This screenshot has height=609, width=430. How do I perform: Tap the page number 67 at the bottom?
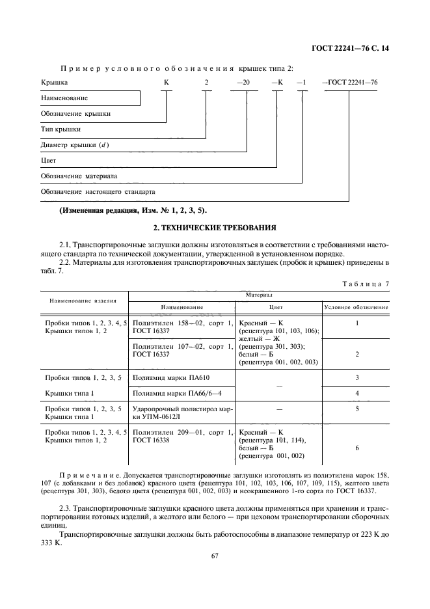(215, 555)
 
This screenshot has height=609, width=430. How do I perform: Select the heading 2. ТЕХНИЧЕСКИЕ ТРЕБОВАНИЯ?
(215, 228)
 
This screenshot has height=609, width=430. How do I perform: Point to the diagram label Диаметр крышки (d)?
(75, 144)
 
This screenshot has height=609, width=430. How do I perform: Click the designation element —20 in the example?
(242, 83)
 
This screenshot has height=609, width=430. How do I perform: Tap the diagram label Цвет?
(49, 160)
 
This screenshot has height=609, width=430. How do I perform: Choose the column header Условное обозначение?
(356, 306)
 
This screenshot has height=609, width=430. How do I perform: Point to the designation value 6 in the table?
(356, 448)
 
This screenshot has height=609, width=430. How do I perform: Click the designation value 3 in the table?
(356, 377)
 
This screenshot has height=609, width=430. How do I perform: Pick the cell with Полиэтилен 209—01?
(181, 436)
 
